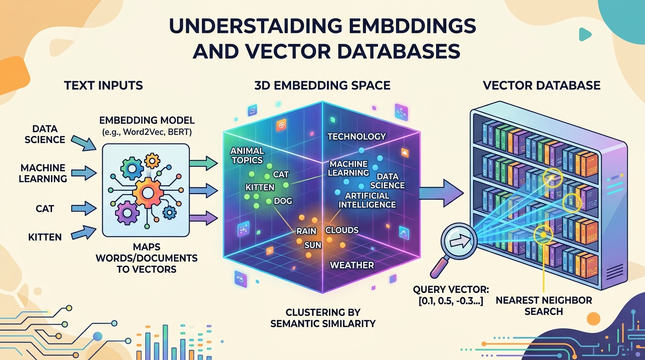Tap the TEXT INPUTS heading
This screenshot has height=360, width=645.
pyautogui.click(x=103, y=85)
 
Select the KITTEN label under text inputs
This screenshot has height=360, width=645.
pyautogui.click(x=45, y=237)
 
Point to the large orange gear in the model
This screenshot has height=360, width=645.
pyautogui.click(x=148, y=192)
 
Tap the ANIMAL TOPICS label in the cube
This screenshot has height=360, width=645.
pyautogui.click(x=247, y=156)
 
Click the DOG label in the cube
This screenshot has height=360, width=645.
pyautogui.click(x=283, y=201)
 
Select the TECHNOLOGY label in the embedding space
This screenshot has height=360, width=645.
pyautogui.click(x=356, y=136)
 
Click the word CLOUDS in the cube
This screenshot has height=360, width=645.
pyautogui.click(x=342, y=230)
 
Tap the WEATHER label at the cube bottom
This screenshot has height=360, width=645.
pyautogui.click(x=352, y=265)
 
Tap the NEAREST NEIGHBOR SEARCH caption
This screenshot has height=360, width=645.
pyautogui.click(x=544, y=306)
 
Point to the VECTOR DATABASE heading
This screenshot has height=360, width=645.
pyautogui.click(x=541, y=85)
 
